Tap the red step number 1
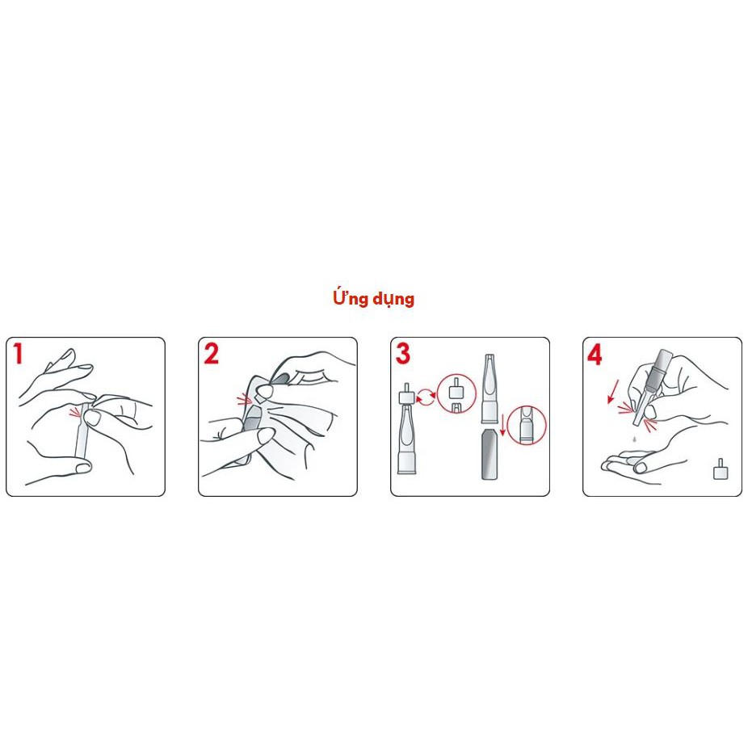[x=18, y=354]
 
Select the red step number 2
[x=211, y=354]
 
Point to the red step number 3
[x=402, y=354]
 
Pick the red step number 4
[x=595, y=355]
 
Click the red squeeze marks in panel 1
[x=75, y=412]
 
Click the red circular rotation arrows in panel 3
[x=426, y=397]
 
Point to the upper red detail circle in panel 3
[x=456, y=394]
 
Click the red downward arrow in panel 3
[x=502, y=426]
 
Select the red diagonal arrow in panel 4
[x=613, y=391]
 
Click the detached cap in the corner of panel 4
[x=721, y=469]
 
